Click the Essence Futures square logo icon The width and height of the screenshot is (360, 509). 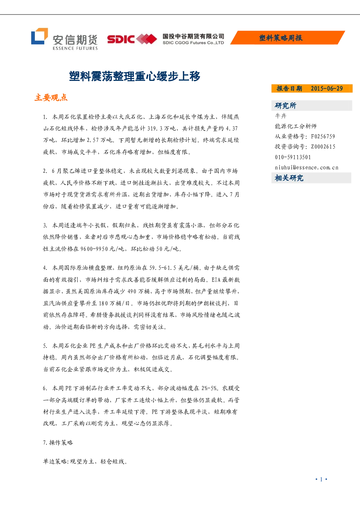[39, 36]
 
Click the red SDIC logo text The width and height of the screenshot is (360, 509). [121, 39]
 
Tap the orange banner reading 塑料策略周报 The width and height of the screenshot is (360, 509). [287, 37]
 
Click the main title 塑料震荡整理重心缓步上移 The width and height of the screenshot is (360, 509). [135, 76]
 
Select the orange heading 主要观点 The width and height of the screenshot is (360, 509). [51, 98]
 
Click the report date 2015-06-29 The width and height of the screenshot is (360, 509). [327, 89]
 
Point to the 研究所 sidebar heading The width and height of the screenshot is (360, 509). [286, 106]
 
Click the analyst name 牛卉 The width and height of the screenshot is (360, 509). [281, 116]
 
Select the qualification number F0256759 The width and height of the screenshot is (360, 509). [323, 136]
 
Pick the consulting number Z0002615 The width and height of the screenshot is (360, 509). [323, 147]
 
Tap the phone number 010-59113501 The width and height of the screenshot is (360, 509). [293, 157]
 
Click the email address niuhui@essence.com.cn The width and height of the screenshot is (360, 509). [307, 168]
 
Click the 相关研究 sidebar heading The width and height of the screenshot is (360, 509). [289, 178]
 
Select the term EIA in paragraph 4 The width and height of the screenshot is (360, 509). [216, 279]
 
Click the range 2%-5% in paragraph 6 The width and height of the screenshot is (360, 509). [209, 388]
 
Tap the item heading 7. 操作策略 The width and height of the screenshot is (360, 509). [58, 442]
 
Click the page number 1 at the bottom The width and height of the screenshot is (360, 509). [321, 479]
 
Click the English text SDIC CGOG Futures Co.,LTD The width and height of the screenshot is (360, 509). [193, 43]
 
